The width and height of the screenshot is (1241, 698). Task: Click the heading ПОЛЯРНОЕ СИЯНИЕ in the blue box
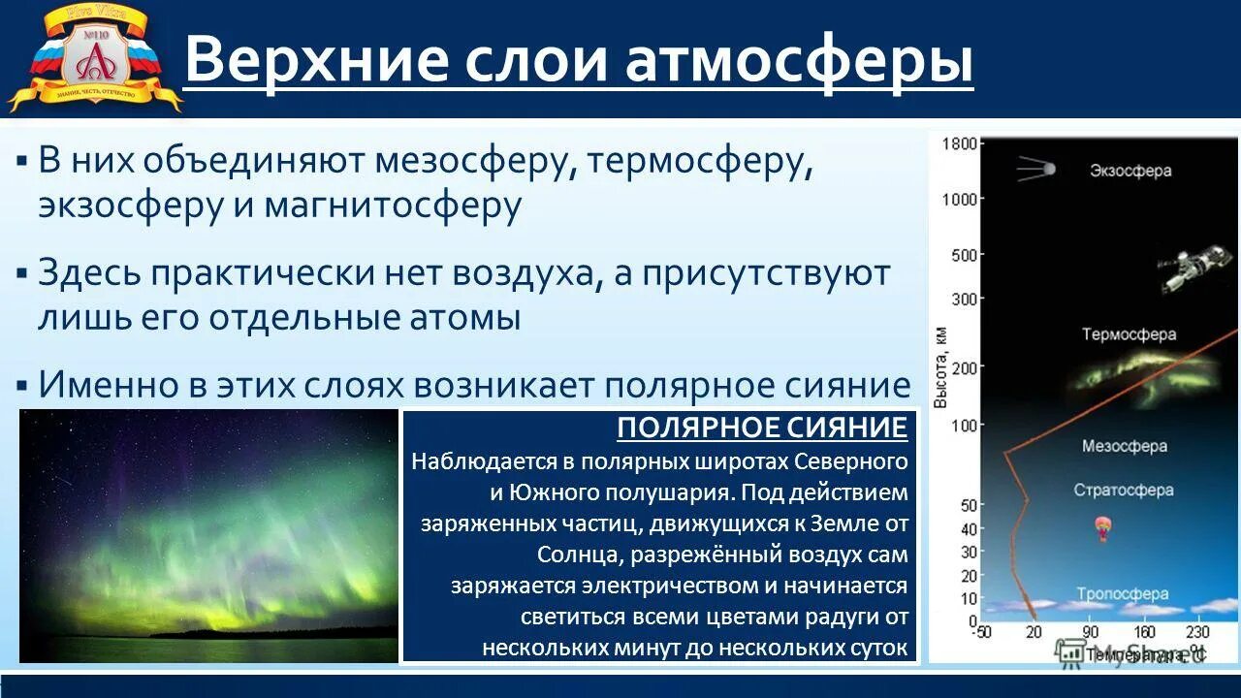[x=762, y=428]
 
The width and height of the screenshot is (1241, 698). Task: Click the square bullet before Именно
[x=21, y=386]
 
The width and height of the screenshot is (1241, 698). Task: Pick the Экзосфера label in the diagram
[x=1130, y=171]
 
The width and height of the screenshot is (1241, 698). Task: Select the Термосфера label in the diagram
[x=1129, y=334]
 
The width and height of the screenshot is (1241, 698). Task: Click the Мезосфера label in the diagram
[x=1124, y=447]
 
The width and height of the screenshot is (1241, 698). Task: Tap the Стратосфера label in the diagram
[x=1123, y=491]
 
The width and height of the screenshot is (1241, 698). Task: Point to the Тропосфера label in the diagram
[x=1122, y=594]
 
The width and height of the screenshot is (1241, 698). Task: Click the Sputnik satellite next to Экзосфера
[x=1035, y=171]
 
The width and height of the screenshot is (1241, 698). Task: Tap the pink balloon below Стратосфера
[x=1101, y=528]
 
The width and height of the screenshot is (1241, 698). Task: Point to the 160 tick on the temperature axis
[x=1144, y=632]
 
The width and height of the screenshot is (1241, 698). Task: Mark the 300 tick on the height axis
[x=964, y=300]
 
